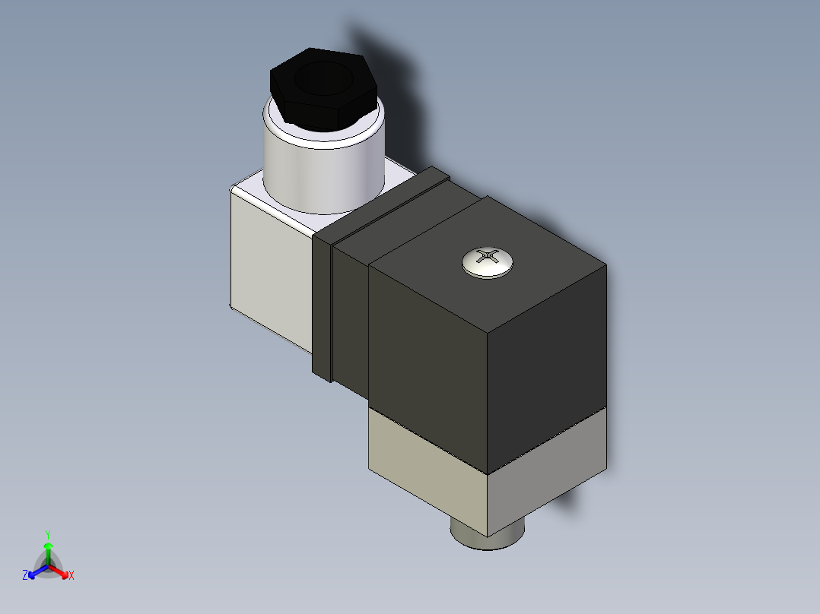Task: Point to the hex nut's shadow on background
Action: click(396, 91)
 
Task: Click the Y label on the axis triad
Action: click(47, 534)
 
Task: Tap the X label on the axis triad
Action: click(71, 576)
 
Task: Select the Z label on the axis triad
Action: click(25, 576)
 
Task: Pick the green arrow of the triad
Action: click(47, 550)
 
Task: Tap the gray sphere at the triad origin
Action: click(47, 565)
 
